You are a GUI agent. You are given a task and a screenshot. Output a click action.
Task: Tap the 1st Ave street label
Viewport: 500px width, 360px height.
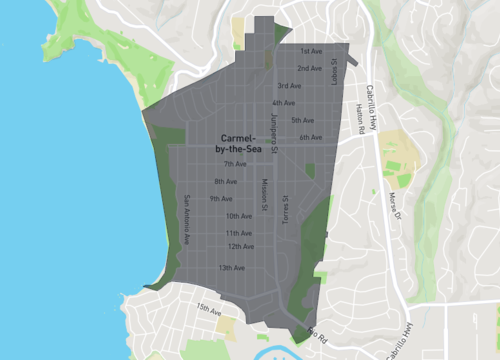tap(313, 50)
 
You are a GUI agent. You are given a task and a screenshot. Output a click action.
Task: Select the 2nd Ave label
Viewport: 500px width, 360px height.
tap(309, 68)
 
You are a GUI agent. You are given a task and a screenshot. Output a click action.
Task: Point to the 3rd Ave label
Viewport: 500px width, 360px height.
tap(290, 86)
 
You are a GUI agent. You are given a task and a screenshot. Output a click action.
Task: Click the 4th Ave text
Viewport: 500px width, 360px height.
tap(283, 103)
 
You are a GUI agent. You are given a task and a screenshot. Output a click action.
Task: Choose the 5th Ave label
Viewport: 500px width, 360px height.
tap(303, 120)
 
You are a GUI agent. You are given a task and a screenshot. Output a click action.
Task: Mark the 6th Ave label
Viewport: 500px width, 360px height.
tap(311, 138)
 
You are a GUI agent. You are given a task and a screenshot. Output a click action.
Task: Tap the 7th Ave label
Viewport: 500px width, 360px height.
tap(235, 164)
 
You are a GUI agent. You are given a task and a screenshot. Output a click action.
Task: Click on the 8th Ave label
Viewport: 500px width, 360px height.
tap(225, 181)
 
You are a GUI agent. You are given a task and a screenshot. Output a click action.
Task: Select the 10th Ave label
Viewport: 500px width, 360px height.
tap(239, 216)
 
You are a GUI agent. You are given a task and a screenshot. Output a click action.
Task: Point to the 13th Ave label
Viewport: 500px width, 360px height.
tap(232, 268)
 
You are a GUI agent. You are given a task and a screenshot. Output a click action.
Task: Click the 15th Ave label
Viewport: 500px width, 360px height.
tap(208, 311)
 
